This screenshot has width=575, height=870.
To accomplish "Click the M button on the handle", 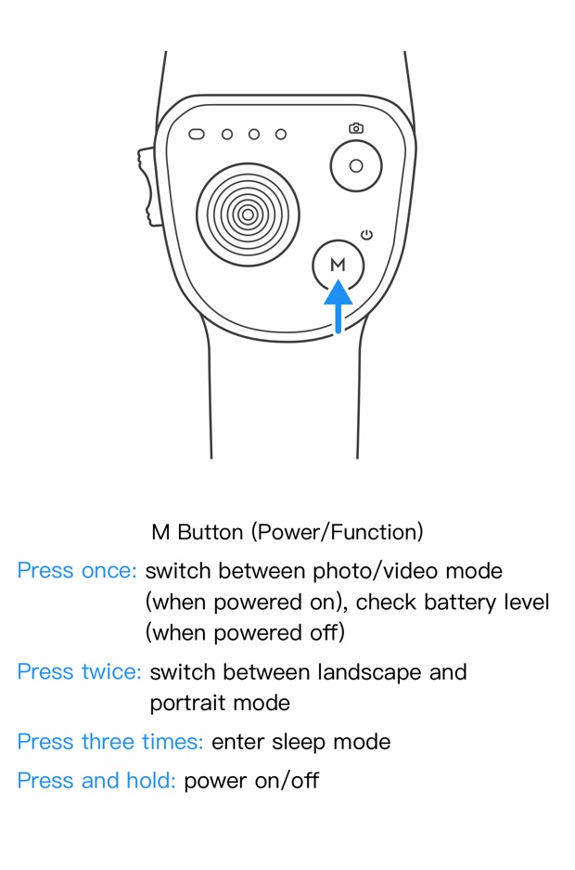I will [x=338, y=266].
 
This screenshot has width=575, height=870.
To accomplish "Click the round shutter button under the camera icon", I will [x=356, y=166].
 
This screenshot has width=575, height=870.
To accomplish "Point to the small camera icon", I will [x=356, y=128].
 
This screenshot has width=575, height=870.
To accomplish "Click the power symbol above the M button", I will [x=367, y=235].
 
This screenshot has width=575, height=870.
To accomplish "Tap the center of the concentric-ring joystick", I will [x=248, y=215].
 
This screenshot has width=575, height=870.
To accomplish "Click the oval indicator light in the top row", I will [x=197, y=135].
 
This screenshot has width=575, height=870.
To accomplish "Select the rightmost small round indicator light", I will [x=281, y=135].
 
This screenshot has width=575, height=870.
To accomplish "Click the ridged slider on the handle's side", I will [x=147, y=186].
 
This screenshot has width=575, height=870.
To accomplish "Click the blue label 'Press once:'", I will [x=77, y=570].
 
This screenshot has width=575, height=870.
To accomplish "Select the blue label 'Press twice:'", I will [x=79, y=671].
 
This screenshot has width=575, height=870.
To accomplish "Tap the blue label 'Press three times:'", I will [x=109, y=742].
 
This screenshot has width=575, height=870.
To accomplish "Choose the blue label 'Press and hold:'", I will [x=96, y=781].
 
